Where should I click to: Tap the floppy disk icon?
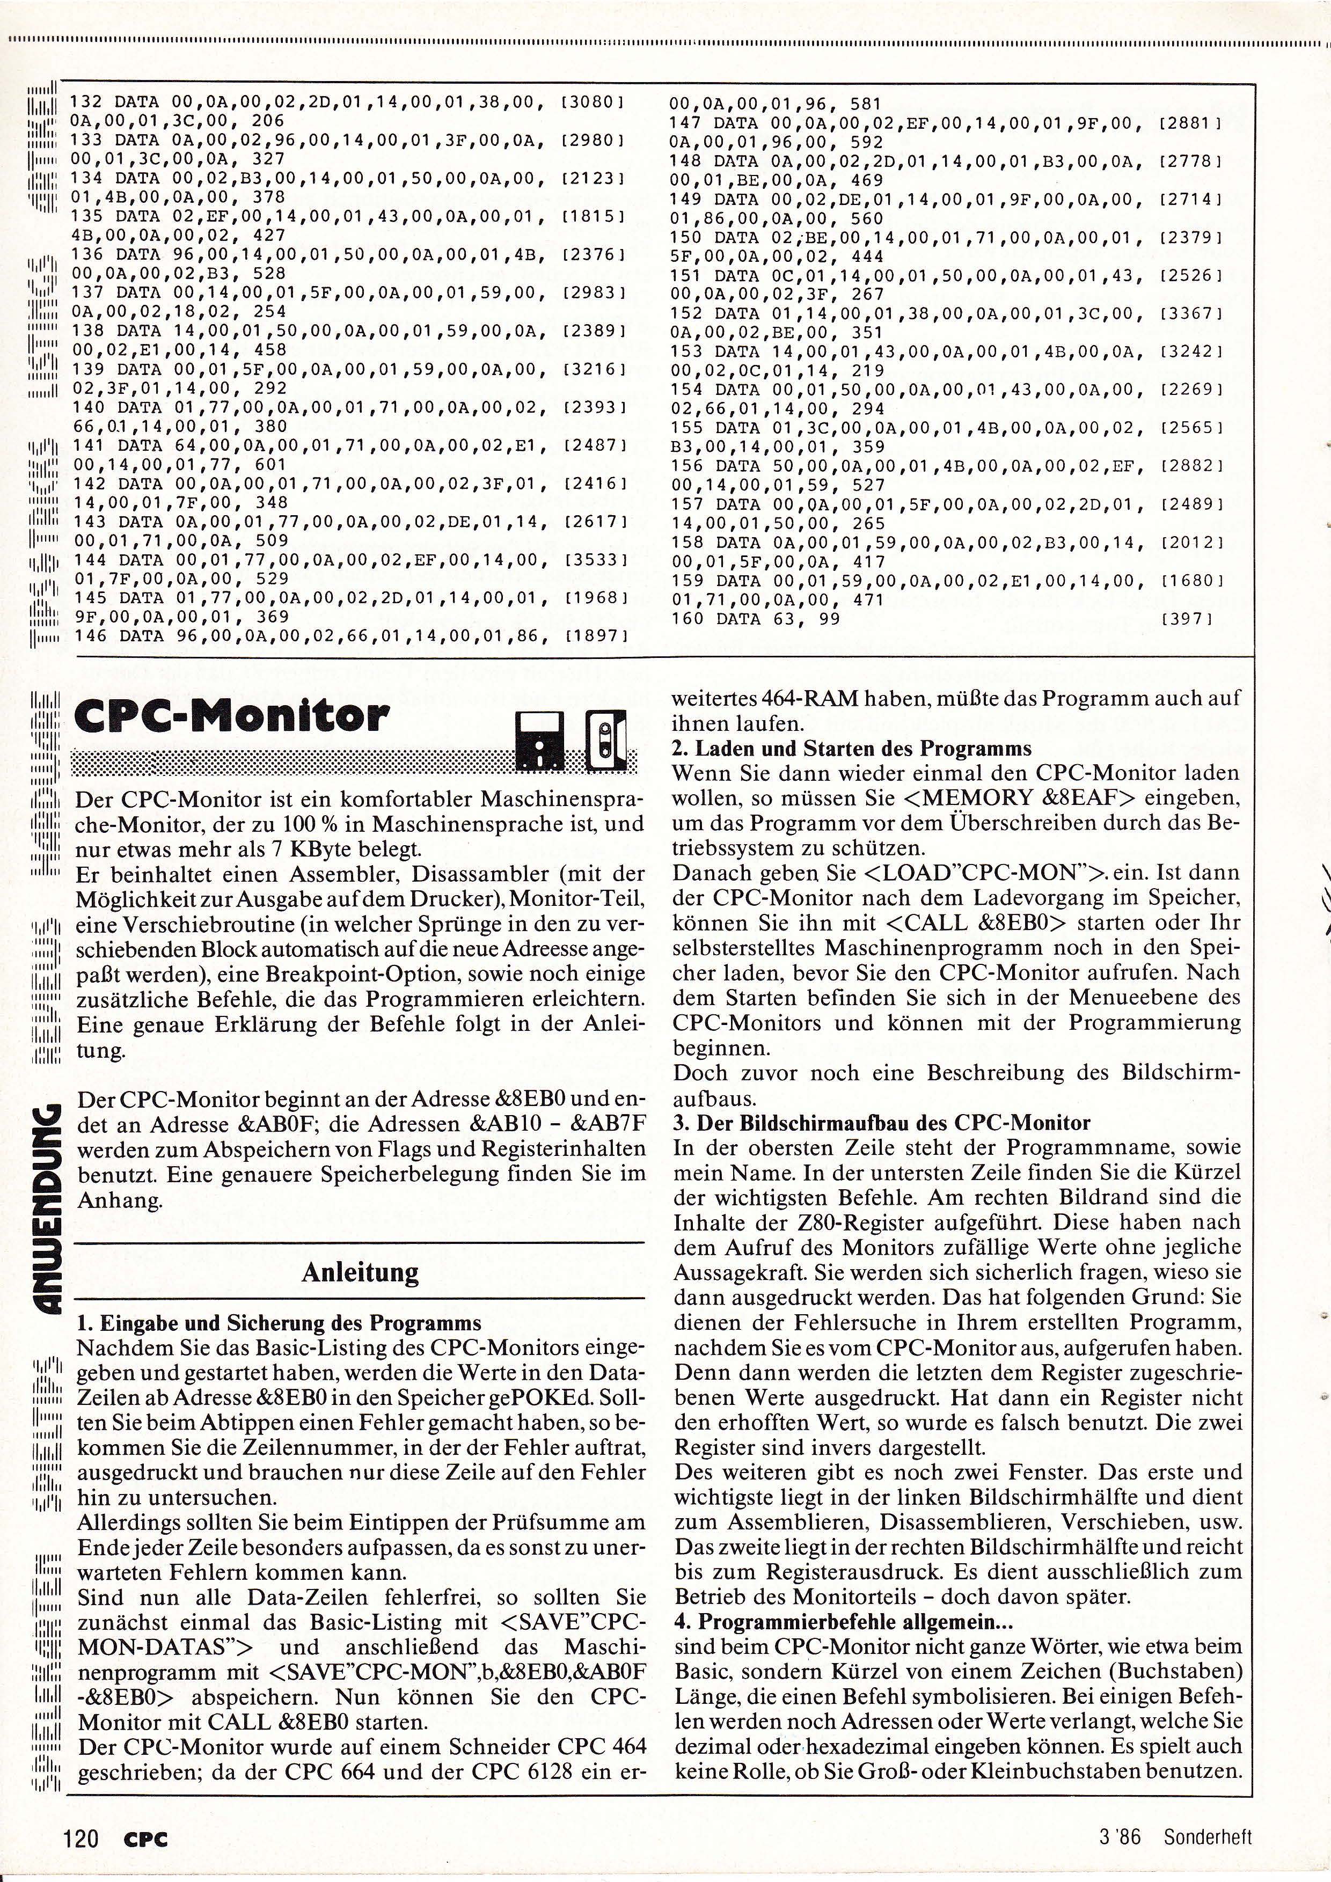pos(539,741)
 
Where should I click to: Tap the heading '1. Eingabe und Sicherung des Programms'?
pos(279,1322)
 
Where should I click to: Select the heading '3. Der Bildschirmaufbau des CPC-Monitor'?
pos(882,1122)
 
